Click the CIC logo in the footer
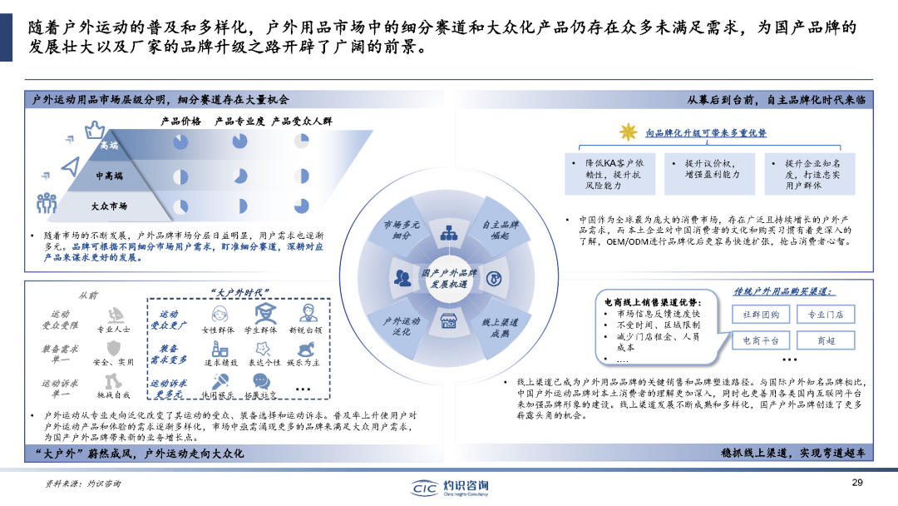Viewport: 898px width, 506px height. [450, 487]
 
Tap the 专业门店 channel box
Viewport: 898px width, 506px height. [825, 314]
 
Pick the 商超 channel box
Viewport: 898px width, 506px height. [825, 340]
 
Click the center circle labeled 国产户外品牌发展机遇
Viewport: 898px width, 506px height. [449, 278]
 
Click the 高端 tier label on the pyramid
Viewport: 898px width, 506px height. [109, 146]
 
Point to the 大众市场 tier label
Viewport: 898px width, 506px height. [109, 205]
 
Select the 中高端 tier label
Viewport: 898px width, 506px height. [109, 176]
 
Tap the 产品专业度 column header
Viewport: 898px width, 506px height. [239, 122]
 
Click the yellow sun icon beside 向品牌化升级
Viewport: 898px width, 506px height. [628, 131]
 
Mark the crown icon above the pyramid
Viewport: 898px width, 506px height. [95, 128]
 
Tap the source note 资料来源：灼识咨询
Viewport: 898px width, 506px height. [82, 484]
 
